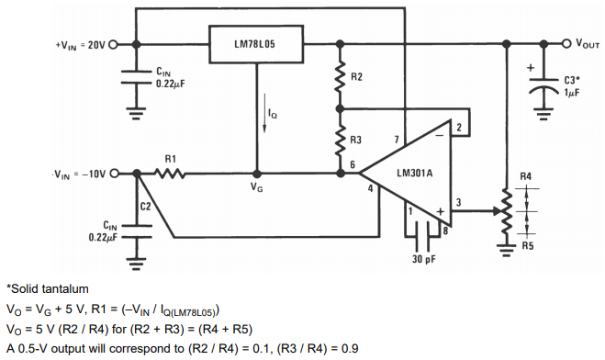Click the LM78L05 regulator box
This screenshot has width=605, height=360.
coord(256,44)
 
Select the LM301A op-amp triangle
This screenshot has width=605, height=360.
coord(413,174)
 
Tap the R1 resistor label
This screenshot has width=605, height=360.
coord(170,159)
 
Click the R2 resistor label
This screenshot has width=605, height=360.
coord(356,79)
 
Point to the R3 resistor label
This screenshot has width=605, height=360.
coord(356,141)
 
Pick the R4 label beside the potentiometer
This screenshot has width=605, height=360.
coord(525,175)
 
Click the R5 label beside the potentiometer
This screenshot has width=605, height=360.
coord(525,245)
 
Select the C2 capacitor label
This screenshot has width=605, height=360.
coord(144,206)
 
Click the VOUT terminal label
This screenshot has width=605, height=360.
coord(588,44)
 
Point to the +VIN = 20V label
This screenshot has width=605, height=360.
coord(81,45)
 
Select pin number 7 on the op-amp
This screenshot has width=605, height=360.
coord(397,139)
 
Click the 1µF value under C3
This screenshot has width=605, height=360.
coord(571,92)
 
